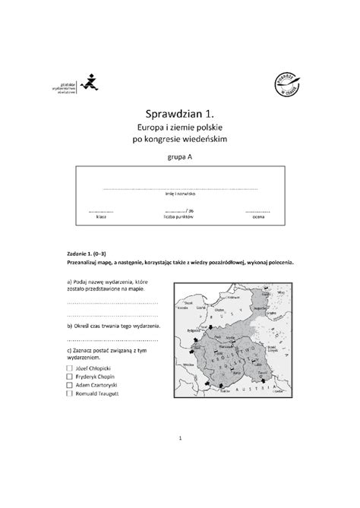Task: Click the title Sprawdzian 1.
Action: [180, 112]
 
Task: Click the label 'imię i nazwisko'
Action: [180, 194]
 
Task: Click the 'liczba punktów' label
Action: [179, 216]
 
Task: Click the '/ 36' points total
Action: [183, 210]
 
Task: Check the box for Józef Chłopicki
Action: [71, 367]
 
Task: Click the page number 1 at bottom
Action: [180, 438]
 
